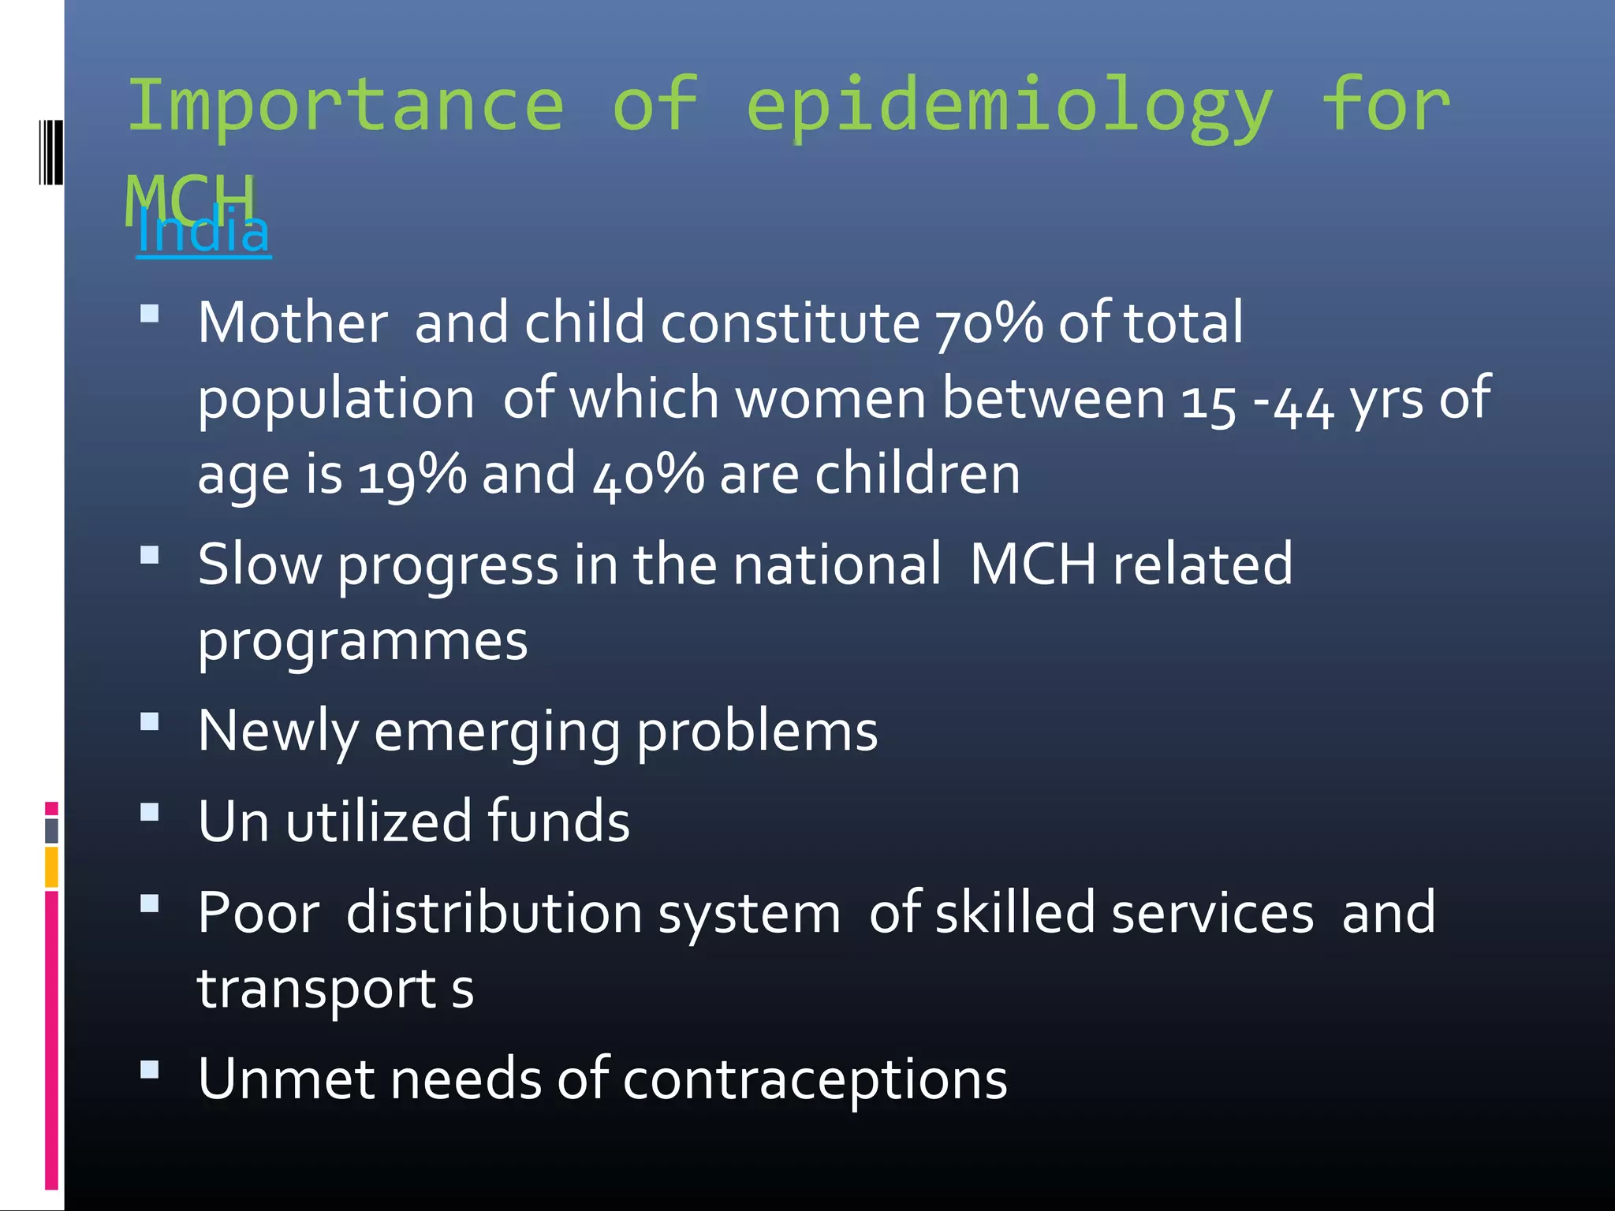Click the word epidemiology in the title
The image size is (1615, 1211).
(x=1009, y=106)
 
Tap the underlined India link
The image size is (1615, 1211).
(x=203, y=232)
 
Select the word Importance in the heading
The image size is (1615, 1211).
(x=345, y=106)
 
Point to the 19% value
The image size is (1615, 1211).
(x=412, y=475)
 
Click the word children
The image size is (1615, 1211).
(x=917, y=474)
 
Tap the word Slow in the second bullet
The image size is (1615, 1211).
(x=259, y=565)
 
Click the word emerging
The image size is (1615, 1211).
(x=497, y=732)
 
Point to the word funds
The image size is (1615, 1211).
(x=558, y=822)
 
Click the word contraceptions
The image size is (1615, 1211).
(x=815, y=1079)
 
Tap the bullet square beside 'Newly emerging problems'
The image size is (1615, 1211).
(x=149, y=722)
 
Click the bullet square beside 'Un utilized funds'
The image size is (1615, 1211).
(x=149, y=812)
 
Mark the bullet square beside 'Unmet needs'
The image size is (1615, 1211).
(x=149, y=1069)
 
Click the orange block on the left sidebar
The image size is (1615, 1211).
(x=51, y=866)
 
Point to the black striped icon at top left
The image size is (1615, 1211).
(x=50, y=151)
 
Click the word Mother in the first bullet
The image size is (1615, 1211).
(x=293, y=323)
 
